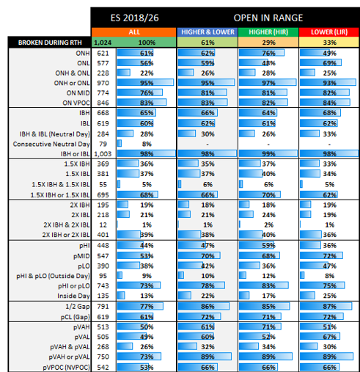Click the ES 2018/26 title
(x=134, y=18)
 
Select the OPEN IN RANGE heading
(x=268, y=18)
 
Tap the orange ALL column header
(x=134, y=32)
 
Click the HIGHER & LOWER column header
(x=207, y=32)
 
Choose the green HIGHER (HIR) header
(x=268, y=32)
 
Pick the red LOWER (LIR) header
(x=329, y=32)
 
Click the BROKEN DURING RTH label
(x=50, y=43)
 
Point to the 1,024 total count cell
(x=103, y=43)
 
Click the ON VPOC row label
(x=76, y=103)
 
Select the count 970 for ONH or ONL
(x=103, y=83)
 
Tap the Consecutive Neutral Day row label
(x=51, y=144)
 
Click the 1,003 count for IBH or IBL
(x=103, y=154)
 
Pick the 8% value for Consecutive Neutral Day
(x=147, y=144)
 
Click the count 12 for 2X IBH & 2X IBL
(x=103, y=225)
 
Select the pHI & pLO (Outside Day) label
(x=53, y=276)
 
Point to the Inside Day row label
(x=73, y=296)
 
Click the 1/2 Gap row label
(x=78, y=307)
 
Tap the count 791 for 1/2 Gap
(x=103, y=307)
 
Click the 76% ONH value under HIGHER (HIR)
(x=268, y=53)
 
